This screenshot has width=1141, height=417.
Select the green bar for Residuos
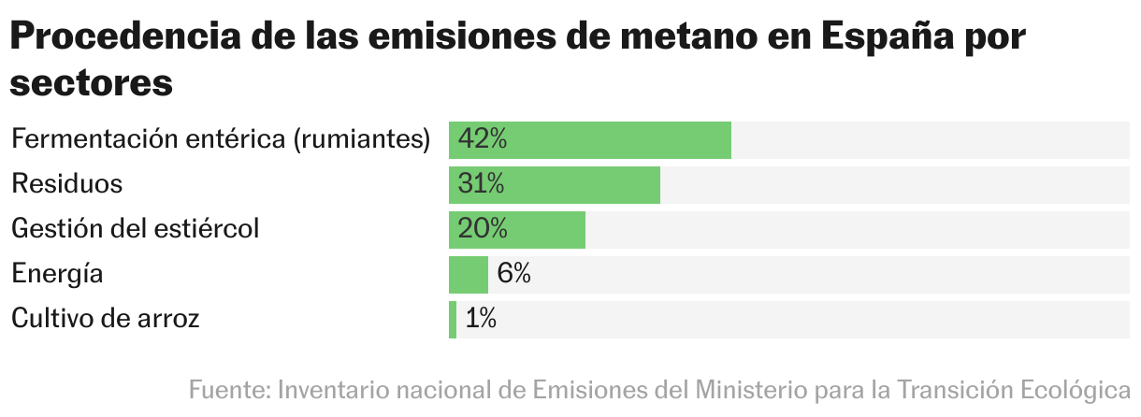pos(580,185)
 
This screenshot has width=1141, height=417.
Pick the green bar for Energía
pos(468,275)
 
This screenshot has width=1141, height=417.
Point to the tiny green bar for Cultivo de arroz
pos(453,320)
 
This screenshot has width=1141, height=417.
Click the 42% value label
pos(483,140)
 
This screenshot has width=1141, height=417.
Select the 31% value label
pos(481,185)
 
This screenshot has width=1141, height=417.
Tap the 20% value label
pos(483,230)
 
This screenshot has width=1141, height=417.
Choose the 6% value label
pos(514,275)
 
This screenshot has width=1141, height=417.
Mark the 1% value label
pos(481,320)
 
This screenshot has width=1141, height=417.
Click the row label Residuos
pos(66,184)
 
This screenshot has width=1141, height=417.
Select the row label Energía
pos(57,275)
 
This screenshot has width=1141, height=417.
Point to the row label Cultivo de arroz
pos(106,320)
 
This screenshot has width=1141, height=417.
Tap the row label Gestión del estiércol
pos(135,229)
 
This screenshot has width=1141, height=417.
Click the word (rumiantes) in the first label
pos(362,140)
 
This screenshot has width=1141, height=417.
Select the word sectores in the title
pos(92,82)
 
